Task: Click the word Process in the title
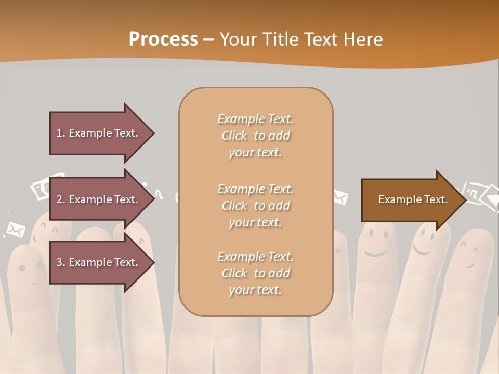click(163, 39)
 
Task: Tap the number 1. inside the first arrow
click(61, 133)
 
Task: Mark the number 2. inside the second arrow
click(61, 199)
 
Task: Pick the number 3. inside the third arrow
click(61, 262)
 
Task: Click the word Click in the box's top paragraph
click(234, 136)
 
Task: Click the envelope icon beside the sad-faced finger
click(16, 229)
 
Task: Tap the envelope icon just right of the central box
click(339, 197)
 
